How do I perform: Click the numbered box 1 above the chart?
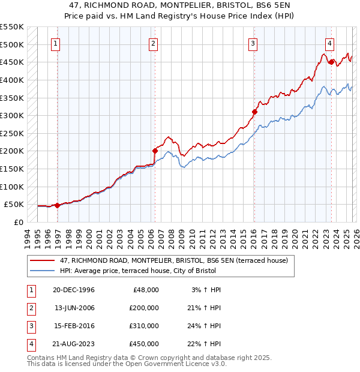pos(55,43)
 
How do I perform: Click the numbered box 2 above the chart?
pos(153,43)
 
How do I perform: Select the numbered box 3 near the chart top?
pos(253,43)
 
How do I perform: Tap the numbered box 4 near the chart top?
pos(330,43)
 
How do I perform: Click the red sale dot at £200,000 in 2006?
pos(155,151)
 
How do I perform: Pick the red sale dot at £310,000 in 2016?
pos(254,112)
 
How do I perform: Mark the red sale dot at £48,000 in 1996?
pos(58,205)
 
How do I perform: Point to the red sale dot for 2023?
pos(331,62)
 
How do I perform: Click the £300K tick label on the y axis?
pos(12,115)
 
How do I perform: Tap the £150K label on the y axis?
pos(12,169)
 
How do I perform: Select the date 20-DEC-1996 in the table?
pos(74,289)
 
